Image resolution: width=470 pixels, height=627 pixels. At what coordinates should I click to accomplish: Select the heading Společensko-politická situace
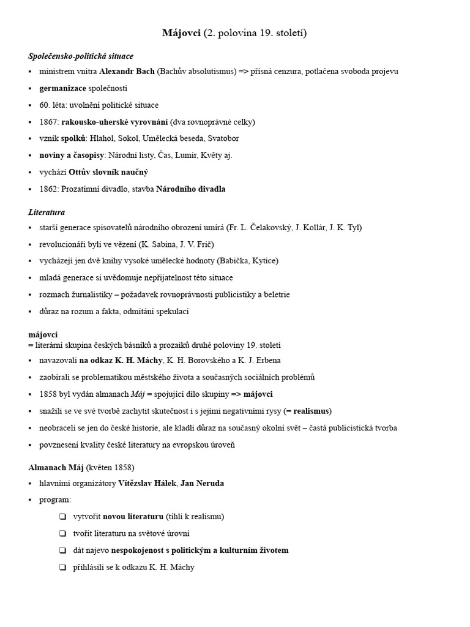81,56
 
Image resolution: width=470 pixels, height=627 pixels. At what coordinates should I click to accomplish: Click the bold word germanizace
62,88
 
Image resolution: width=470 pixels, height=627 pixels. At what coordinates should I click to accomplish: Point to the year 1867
48,122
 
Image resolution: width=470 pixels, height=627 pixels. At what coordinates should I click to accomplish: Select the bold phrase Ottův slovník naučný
108,172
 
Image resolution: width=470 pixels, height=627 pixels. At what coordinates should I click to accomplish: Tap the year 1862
48,189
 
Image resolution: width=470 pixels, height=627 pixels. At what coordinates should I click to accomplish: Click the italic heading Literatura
47,212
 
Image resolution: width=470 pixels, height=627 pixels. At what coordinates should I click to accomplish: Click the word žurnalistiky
88,295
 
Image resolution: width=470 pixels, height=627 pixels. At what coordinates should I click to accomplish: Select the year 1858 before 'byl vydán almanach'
48,394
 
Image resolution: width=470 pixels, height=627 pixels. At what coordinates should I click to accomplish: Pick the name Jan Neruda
202,483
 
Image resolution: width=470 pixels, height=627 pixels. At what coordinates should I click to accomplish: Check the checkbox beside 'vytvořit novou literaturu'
62,517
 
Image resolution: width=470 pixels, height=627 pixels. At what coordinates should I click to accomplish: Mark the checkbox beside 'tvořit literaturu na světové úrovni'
62,533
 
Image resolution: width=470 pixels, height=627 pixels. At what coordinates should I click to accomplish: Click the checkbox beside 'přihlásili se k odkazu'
62,567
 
